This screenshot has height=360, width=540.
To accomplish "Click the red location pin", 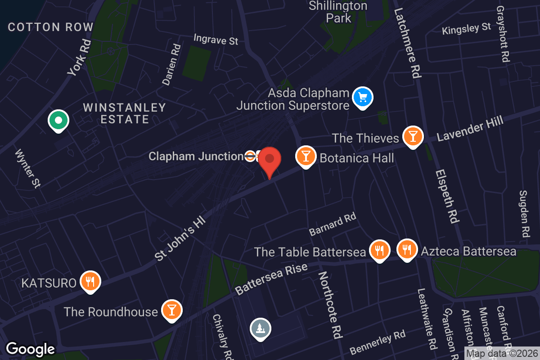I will point(270,160).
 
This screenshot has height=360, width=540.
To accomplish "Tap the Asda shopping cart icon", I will point(363,97).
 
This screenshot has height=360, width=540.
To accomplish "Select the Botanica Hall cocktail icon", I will point(306,156).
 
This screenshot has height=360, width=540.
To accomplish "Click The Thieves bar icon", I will point(413,136).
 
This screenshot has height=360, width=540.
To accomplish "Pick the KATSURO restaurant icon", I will point(90,281).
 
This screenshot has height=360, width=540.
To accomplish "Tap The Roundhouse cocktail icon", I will point(171,310).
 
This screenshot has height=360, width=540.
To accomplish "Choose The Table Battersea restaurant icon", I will point(379,250).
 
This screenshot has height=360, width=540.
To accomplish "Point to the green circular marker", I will point(58,120).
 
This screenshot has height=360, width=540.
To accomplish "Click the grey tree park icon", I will point(260,328).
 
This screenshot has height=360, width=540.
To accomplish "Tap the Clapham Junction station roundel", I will point(250,156).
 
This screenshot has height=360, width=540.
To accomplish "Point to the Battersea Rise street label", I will point(271,279).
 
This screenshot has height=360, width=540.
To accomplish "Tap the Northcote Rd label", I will point(330,305).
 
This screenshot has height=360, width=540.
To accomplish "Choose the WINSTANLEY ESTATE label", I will point(124,113).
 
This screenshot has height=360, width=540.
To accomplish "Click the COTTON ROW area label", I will point(50,27).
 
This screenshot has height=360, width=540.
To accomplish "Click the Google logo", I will point(30,349).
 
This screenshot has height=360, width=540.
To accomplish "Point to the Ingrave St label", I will point(216,40).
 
